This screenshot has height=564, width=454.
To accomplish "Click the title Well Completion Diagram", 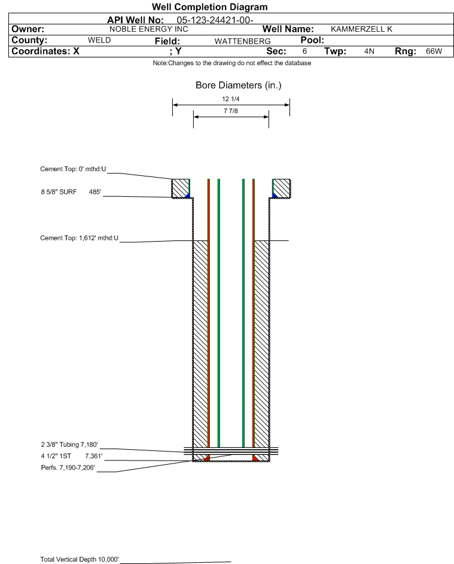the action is coord(210,7).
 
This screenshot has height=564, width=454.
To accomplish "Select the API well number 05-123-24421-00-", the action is coord(215,20).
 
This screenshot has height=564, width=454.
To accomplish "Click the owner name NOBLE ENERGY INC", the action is coord(148,29).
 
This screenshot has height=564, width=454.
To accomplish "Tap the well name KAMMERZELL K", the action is coord(361,29).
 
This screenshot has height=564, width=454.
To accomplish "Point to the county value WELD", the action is coord(99,40).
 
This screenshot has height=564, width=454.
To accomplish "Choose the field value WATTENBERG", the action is coord(242,41).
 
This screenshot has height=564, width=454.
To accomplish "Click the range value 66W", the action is coord(434,51).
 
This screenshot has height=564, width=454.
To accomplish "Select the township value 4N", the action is coord(369,51).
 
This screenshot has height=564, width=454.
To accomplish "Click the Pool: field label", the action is coord(312,40).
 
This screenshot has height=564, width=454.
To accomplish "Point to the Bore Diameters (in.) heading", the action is coord(239,86).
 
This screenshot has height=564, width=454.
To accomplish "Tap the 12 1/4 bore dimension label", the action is coord(231,99).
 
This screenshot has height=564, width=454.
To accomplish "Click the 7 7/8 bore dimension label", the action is coord(231,111).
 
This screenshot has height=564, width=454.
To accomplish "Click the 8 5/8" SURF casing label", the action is coord(59,192).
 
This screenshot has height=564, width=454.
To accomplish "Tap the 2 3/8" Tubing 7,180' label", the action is coord(69,444).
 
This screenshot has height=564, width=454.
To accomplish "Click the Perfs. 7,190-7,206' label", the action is coord(68,468).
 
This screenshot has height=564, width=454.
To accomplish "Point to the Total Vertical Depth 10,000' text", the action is coord(80,559).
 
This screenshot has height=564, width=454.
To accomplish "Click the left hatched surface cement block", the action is coord(180,188).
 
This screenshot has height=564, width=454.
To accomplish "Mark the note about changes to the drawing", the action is coord(232,63).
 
